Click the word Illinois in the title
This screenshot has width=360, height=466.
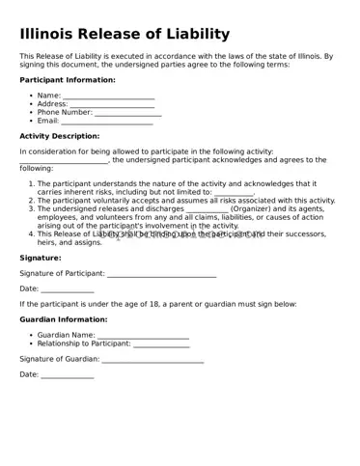click(x=48, y=35)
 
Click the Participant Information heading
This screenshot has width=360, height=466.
click(x=68, y=80)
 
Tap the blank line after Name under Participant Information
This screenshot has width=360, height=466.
click(x=108, y=96)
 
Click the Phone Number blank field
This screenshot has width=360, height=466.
click(x=127, y=113)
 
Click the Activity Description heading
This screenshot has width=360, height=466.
click(x=60, y=136)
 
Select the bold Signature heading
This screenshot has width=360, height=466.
click(x=41, y=258)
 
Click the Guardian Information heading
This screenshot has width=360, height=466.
click(x=64, y=318)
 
